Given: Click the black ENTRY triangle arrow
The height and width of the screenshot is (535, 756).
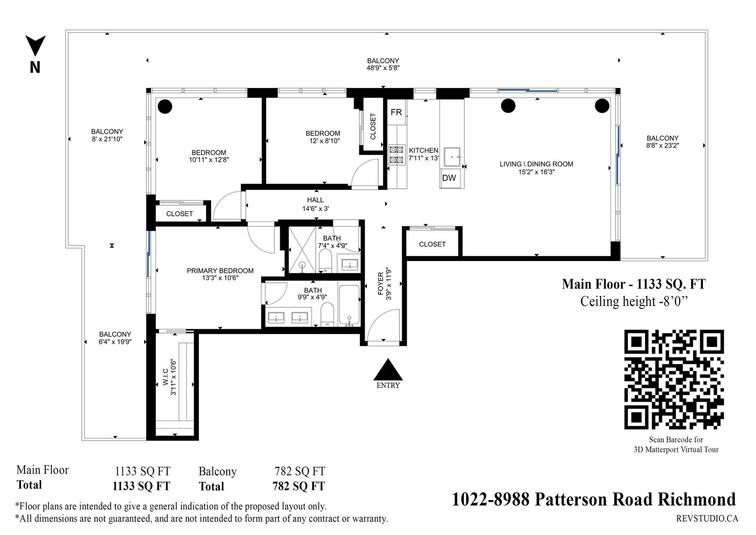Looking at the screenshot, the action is pos(388,370).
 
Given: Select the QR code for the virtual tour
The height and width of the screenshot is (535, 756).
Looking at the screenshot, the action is pos(674,379).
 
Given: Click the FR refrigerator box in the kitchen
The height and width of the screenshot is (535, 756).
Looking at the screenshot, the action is pos(396,112).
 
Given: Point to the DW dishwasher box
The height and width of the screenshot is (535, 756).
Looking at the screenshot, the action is pos(449,178).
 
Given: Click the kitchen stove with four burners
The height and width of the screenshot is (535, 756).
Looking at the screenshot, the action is pos(396,155).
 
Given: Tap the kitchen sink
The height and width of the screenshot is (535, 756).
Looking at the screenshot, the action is pos(452,157).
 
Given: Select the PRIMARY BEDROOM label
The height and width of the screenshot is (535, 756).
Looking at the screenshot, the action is pos(220,271).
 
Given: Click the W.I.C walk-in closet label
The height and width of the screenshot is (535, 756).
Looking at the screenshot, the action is pos(165,377).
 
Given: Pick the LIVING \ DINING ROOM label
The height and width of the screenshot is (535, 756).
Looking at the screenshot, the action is pos(536,164).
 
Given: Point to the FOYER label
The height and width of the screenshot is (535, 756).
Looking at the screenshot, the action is pos(381,284).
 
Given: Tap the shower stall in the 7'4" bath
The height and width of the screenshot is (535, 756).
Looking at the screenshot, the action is pos(302,250).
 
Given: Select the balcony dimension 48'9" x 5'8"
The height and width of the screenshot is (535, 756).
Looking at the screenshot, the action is pos(383,68).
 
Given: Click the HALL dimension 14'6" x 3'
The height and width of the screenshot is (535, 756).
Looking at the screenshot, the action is pos(316,209).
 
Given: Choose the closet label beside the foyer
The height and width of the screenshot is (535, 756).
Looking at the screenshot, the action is pos(432,245).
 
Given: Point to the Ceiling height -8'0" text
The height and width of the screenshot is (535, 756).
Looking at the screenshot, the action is pos(634,301).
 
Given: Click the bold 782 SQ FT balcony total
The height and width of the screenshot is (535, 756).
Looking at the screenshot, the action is pos(299,486).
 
